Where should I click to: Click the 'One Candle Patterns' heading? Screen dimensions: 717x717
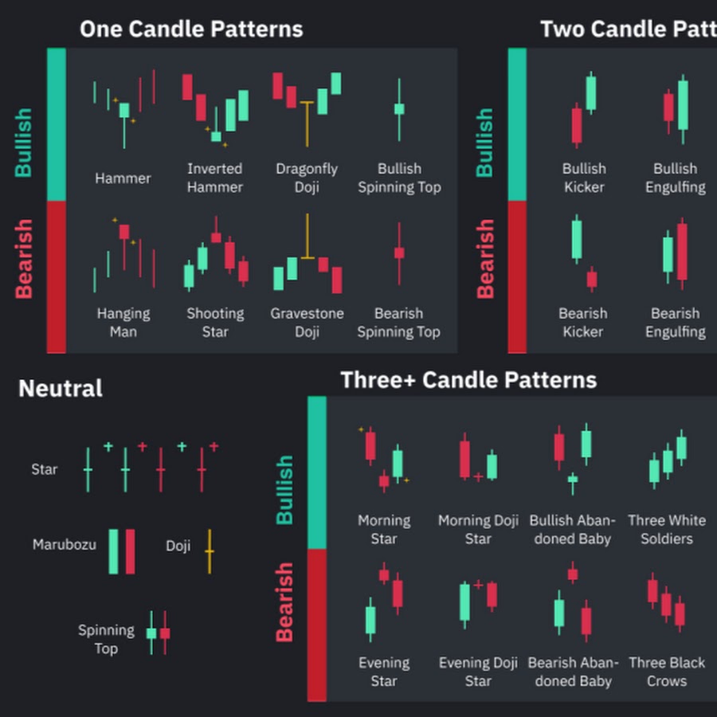click(x=191, y=29)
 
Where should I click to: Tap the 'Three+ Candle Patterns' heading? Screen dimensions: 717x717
click(x=468, y=380)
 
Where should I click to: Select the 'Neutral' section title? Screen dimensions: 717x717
click(x=61, y=389)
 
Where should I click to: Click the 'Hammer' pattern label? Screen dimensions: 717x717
click(x=123, y=178)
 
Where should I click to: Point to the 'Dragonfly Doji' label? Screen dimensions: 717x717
click(x=307, y=178)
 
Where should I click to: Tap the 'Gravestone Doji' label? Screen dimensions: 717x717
click(x=307, y=323)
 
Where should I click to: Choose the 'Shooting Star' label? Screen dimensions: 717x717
click(x=215, y=323)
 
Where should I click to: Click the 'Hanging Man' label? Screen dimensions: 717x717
click(x=123, y=323)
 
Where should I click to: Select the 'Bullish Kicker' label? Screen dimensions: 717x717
click(x=584, y=178)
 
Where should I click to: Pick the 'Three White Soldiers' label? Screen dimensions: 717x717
click(x=667, y=529)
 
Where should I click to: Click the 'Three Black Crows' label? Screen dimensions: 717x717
click(x=667, y=672)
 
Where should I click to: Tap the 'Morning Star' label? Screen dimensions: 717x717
click(x=384, y=529)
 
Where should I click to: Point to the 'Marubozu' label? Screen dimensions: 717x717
click(x=65, y=545)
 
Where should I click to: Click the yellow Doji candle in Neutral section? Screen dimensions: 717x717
click(x=210, y=550)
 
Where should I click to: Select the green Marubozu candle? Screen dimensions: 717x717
click(x=114, y=551)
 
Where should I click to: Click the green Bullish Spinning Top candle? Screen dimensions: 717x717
click(x=399, y=109)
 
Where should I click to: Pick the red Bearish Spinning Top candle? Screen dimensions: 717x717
click(x=399, y=253)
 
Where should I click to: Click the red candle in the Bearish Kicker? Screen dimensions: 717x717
click(x=592, y=279)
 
